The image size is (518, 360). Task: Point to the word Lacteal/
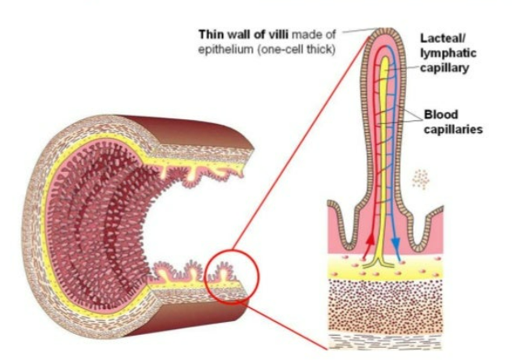click(x=443, y=37)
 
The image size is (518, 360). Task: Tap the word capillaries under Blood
click(x=454, y=129)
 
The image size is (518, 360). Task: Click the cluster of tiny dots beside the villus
click(x=420, y=178)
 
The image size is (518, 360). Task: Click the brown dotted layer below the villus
click(x=381, y=304)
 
